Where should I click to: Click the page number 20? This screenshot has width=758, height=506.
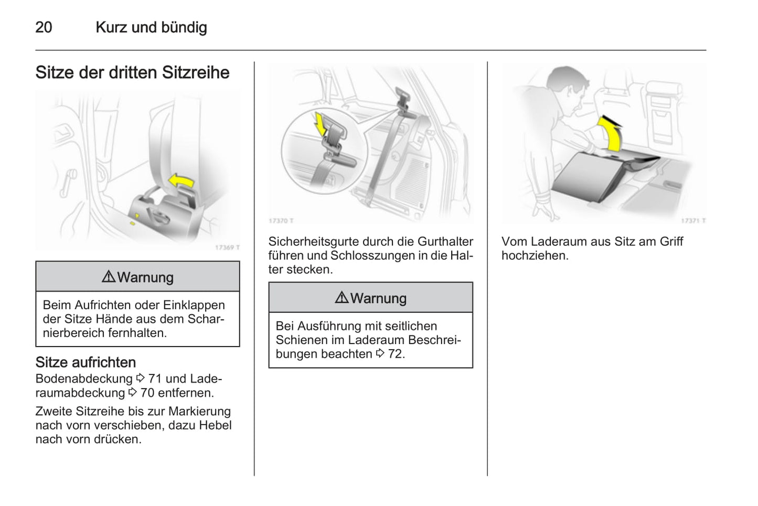44,27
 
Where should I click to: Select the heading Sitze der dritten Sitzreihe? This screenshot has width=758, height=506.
132,72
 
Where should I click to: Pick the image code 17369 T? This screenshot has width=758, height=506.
227,247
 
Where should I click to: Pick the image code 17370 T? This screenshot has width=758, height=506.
281,221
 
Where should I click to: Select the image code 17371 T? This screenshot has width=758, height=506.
693,221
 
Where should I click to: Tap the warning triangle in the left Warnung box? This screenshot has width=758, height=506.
109,277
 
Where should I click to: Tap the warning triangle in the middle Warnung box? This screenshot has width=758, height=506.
341,298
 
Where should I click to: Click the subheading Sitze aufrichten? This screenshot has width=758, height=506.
86,362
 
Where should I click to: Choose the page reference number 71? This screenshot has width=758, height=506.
155,379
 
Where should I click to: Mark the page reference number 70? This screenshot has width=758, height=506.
147,393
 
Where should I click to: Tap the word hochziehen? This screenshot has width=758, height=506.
534,256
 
